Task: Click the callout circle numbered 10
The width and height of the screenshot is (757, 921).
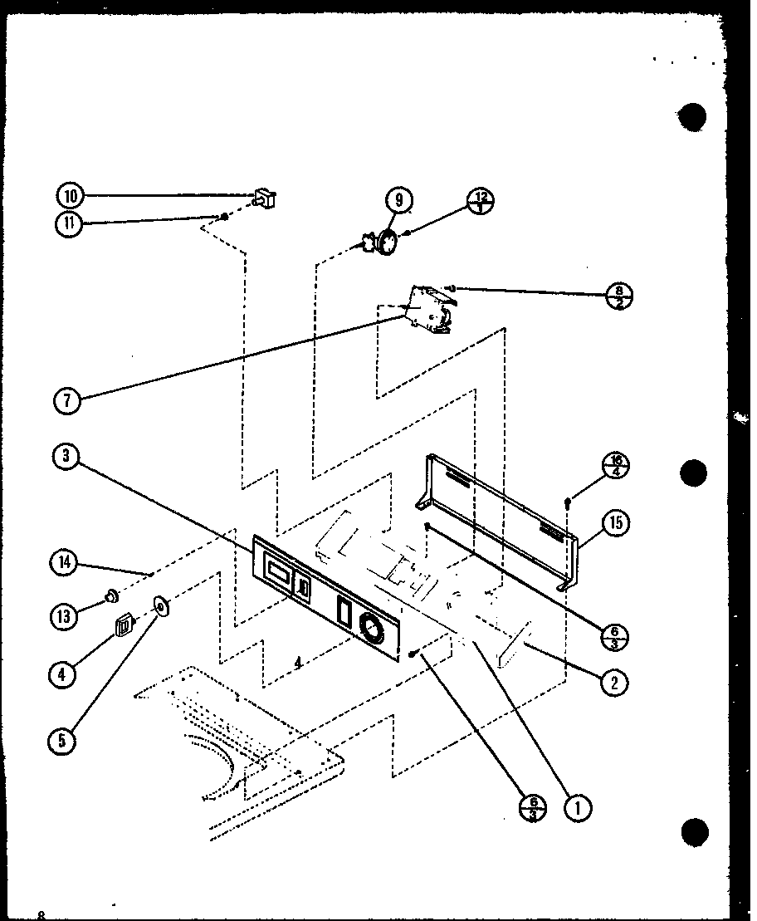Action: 71,196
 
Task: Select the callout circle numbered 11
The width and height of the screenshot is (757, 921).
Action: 71,225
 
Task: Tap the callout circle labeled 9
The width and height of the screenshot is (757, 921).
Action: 398,200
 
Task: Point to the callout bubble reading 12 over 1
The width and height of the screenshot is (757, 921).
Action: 481,200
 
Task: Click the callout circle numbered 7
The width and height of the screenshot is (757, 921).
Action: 67,399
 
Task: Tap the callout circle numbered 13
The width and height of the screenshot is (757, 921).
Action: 66,615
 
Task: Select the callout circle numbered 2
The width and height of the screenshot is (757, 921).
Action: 616,683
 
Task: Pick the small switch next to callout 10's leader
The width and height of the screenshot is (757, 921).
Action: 265,198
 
